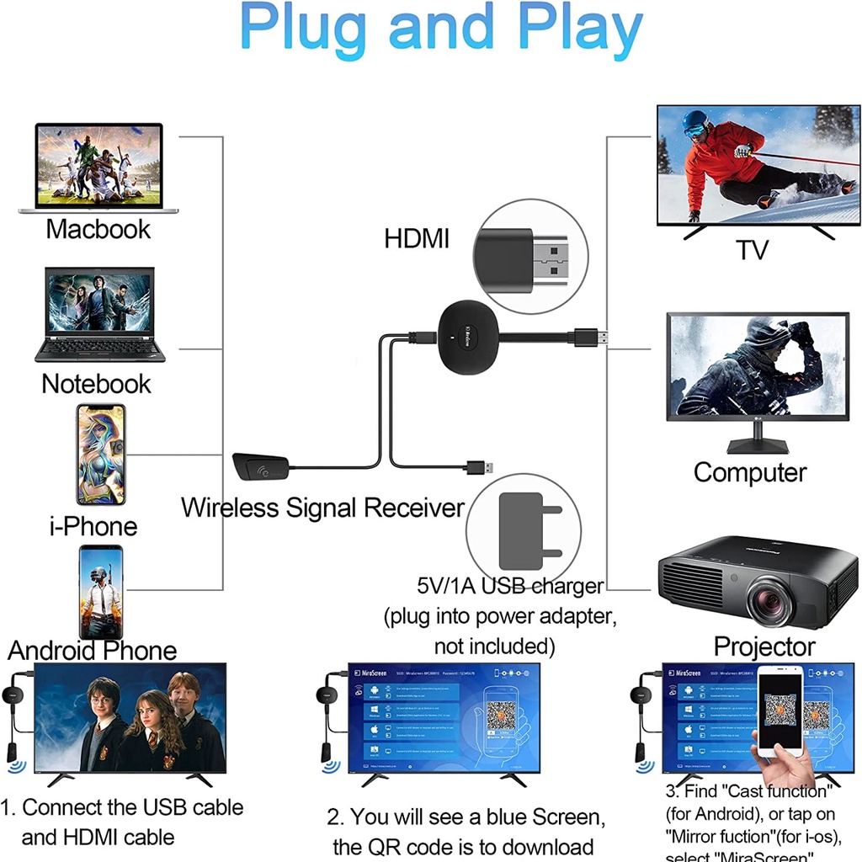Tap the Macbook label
pos(98,229)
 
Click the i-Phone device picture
pos(101,455)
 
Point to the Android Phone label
pos(93,650)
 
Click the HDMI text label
pos(417,238)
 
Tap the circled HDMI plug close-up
pos(529,258)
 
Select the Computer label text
pos(750,472)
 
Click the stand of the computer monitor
pos(757,438)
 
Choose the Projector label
pos(764,646)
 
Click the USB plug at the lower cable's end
pos(486,467)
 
